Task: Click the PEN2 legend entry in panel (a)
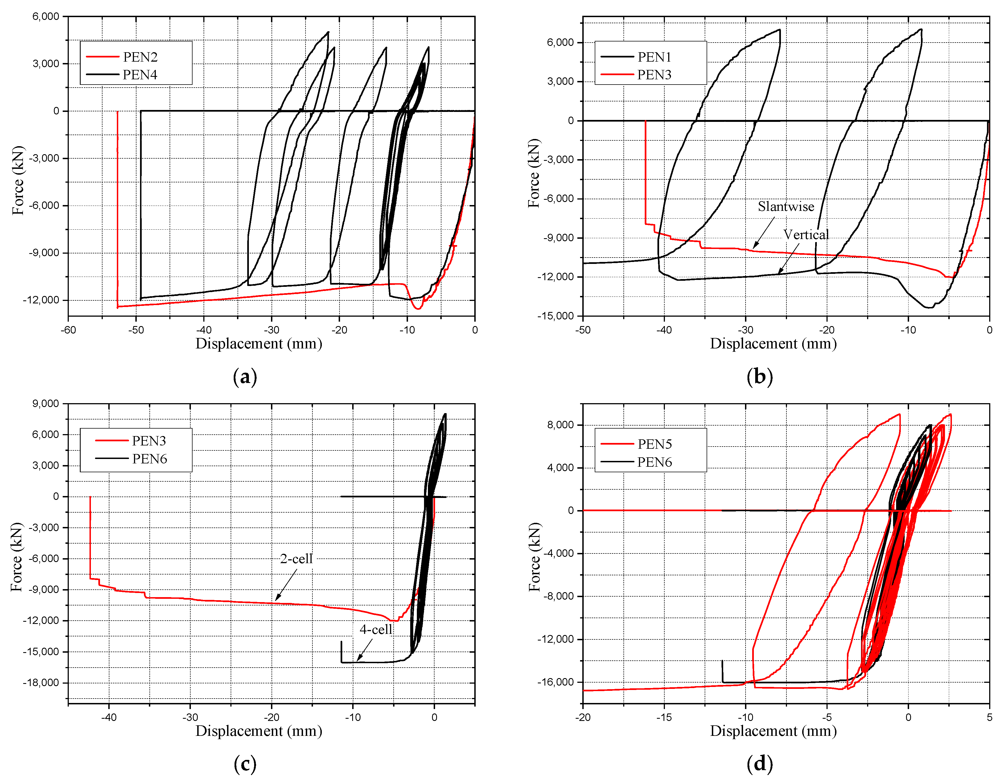tap(140, 57)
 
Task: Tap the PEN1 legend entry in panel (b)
tap(654, 57)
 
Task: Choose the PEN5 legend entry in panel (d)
tap(654, 444)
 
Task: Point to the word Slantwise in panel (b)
tap(786, 207)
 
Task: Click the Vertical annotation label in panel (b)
tap(806, 235)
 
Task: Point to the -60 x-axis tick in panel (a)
tap(69, 330)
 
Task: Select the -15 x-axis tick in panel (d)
tap(664, 717)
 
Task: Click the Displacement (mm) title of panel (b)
tap(773, 344)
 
